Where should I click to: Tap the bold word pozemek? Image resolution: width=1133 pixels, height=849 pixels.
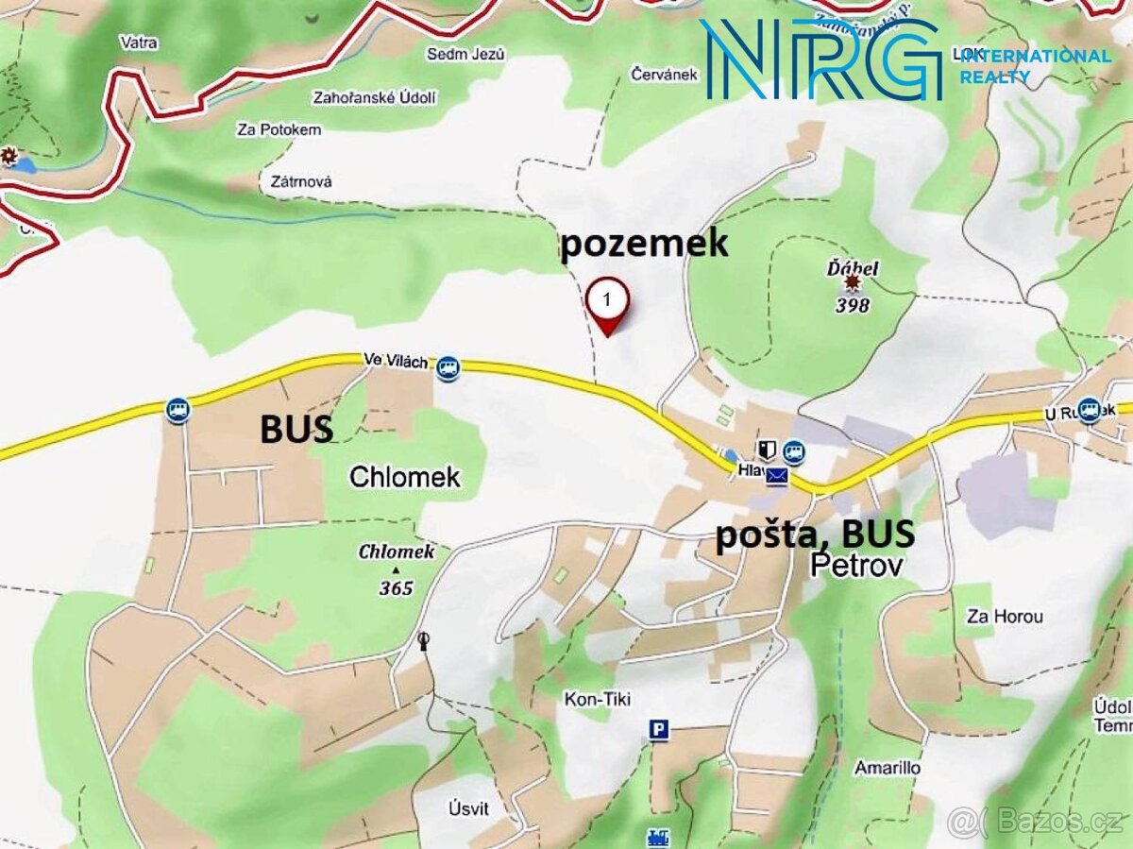[x=645, y=243]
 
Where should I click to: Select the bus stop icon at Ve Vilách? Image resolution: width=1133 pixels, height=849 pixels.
[x=448, y=367]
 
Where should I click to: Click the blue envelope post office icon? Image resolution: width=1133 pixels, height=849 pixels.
[x=776, y=475]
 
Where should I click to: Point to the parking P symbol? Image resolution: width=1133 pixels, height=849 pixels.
[x=658, y=729]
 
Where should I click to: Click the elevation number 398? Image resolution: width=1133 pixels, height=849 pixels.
[x=852, y=305]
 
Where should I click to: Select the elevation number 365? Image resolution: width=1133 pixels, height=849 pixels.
[x=397, y=587]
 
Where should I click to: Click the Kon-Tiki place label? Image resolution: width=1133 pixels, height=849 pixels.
[x=597, y=699]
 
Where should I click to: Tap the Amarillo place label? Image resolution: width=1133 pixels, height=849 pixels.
[x=888, y=767]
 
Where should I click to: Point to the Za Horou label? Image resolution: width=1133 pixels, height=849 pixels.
[x=1005, y=617]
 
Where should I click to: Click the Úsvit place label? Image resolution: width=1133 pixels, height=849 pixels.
[x=469, y=809]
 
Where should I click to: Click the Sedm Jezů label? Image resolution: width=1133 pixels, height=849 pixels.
[x=466, y=54]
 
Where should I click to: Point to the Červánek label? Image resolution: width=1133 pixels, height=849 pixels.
[x=666, y=74]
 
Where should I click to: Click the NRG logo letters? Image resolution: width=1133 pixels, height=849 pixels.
[x=820, y=59]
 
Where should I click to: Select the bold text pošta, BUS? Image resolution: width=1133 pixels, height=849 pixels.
[x=815, y=535]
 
